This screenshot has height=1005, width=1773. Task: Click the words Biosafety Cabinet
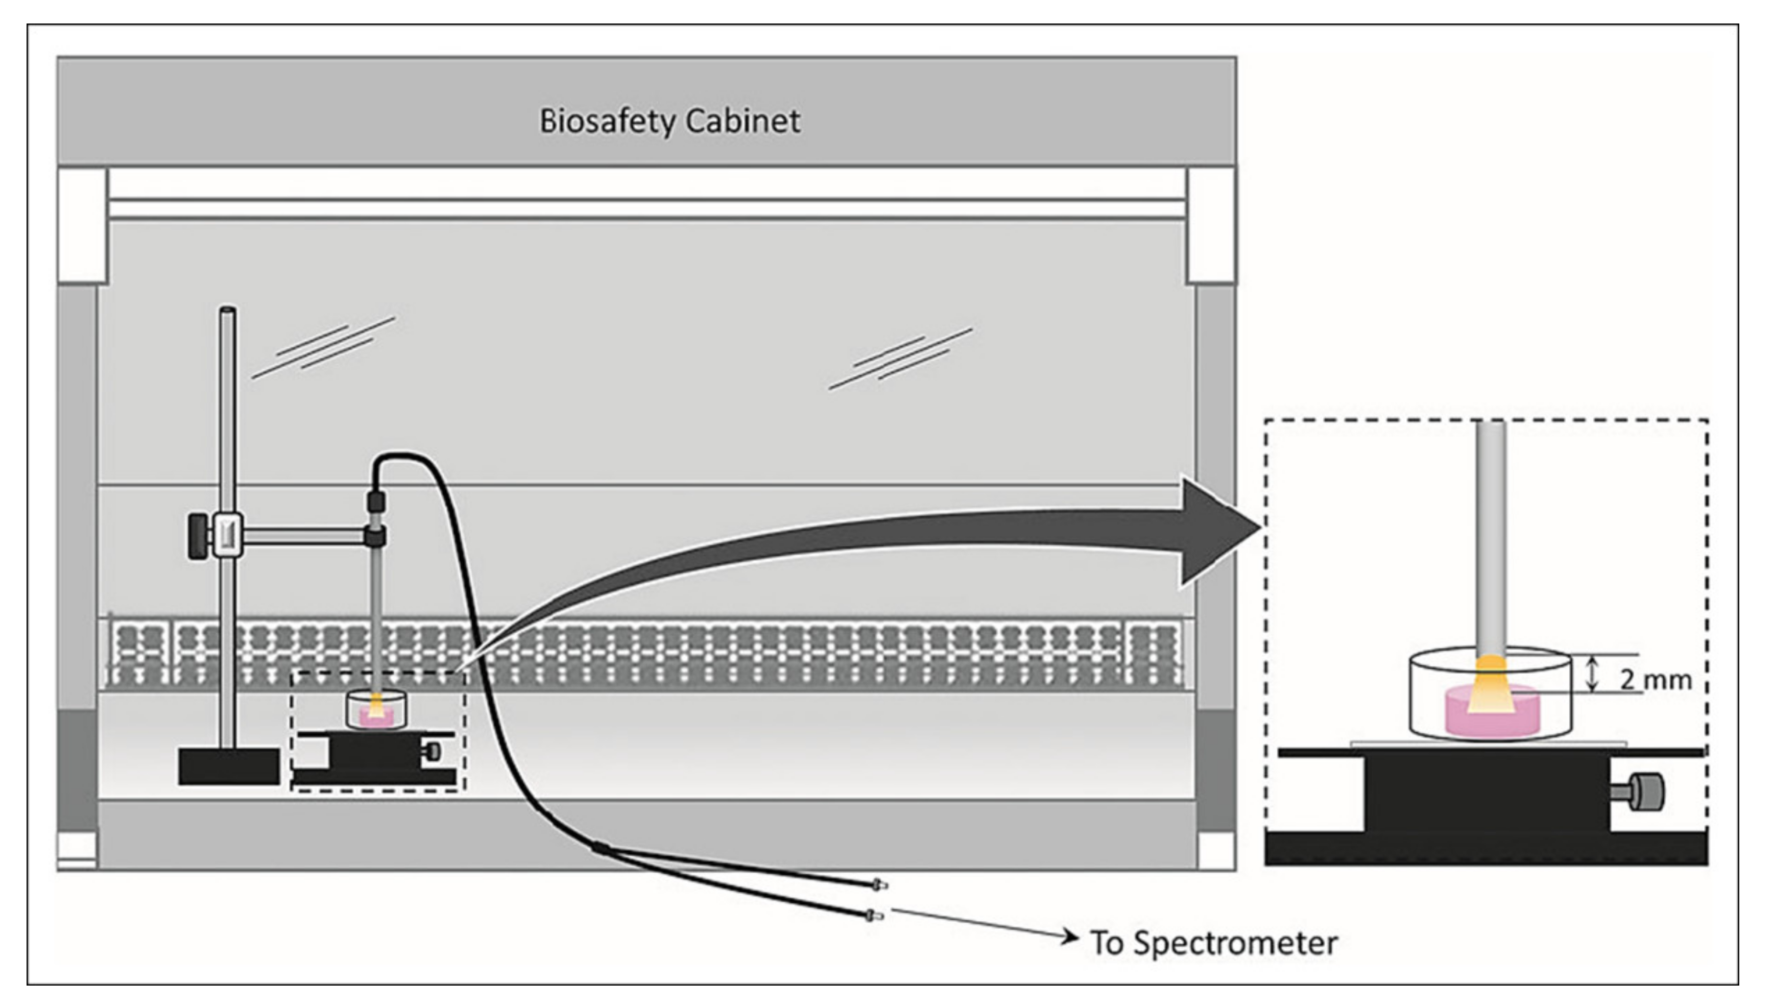(669, 122)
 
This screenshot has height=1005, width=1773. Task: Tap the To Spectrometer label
(1214, 943)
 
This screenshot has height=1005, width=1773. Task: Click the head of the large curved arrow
(1221, 532)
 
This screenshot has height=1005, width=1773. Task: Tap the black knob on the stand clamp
(200, 535)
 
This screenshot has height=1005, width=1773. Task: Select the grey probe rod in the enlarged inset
(1491, 538)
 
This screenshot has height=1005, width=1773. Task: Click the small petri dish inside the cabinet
(375, 711)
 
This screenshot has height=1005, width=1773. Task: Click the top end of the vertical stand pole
(228, 310)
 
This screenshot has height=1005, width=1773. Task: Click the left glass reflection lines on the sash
(323, 347)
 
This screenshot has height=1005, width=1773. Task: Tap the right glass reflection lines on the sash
(901, 359)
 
